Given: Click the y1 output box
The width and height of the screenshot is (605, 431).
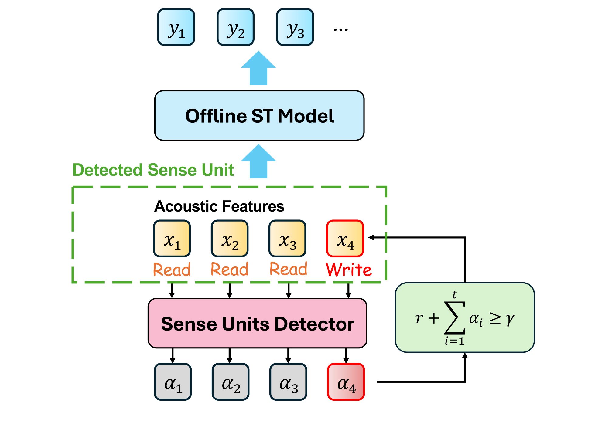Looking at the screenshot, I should (x=176, y=27).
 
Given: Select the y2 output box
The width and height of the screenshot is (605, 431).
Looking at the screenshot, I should (x=235, y=27).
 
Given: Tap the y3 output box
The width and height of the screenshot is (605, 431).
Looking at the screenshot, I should (x=295, y=27).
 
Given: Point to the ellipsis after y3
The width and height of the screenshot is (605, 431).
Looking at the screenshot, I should (x=340, y=30).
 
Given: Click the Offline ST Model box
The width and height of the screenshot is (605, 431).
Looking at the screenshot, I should (x=259, y=116).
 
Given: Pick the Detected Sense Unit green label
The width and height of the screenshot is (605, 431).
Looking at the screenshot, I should (x=153, y=170).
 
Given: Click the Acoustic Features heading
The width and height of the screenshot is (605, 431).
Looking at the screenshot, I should (x=219, y=206).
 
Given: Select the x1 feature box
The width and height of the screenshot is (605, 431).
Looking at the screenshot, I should (x=172, y=239).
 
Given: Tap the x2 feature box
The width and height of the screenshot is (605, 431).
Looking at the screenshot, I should (x=230, y=239).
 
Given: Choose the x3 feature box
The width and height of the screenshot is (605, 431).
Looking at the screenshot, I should (x=287, y=239).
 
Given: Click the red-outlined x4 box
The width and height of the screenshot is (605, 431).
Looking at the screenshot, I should (x=345, y=239).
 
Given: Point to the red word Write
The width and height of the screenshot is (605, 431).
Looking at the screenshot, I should (x=349, y=270).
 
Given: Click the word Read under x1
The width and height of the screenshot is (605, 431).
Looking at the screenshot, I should (x=172, y=270).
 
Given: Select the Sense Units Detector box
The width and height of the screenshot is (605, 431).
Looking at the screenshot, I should (x=257, y=323).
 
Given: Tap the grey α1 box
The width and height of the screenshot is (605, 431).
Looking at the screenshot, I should (x=173, y=382).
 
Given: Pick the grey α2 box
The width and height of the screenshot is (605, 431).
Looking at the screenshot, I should (x=231, y=382).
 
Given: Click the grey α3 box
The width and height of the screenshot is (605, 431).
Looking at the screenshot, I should (x=288, y=382).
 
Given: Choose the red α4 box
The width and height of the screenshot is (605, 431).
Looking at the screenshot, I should (x=346, y=382).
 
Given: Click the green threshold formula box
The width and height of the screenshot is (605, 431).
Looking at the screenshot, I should (x=464, y=317).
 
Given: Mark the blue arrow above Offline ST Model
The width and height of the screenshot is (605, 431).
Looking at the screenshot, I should (x=258, y=68).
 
